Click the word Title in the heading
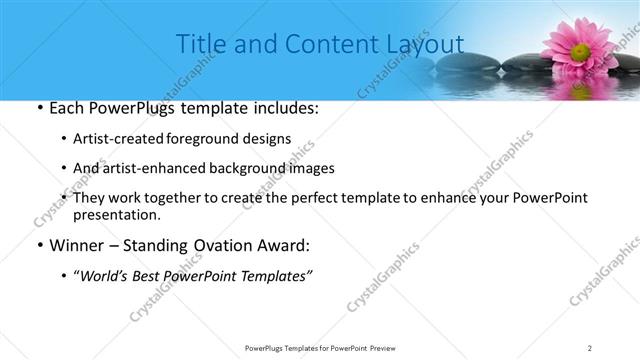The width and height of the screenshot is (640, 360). tap(200, 44)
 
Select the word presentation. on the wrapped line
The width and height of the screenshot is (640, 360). tap(116, 214)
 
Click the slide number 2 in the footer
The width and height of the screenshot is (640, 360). tap(590, 347)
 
